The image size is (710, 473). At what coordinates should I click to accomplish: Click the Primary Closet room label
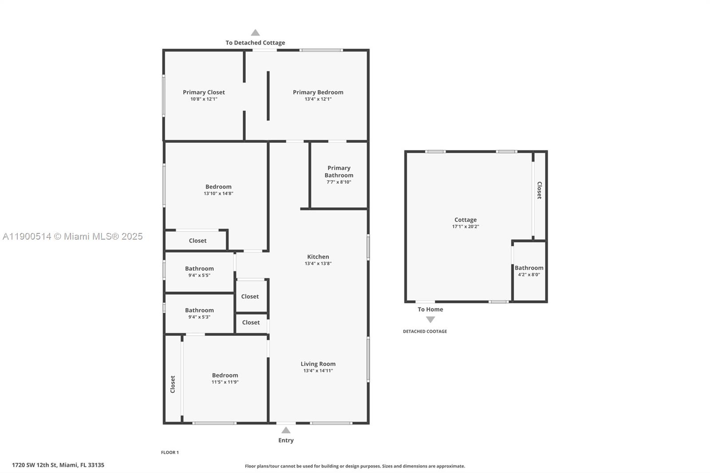coord(204,92)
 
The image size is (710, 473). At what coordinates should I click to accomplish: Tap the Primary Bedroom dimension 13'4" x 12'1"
coord(318,99)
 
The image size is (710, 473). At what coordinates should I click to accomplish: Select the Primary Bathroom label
coord(339,171)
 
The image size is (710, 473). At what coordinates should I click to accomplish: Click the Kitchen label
coord(318,256)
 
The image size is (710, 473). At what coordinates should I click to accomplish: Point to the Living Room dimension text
coord(318,371)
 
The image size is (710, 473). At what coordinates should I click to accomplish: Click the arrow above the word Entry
coord(286,430)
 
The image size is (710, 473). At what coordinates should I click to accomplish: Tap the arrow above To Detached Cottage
coord(255,32)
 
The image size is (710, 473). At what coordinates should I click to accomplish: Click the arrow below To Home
coord(430,319)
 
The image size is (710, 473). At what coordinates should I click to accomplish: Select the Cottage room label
coord(465,220)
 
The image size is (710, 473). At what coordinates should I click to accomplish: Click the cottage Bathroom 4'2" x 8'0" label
coord(529,268)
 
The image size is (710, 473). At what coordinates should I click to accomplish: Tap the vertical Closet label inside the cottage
coord(539,190)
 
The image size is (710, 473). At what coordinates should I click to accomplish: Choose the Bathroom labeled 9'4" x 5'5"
coord(199,268)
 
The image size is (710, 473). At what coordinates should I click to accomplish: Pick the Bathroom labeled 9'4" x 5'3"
coord(199,310)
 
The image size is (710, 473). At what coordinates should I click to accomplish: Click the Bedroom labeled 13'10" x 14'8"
coord(218,187)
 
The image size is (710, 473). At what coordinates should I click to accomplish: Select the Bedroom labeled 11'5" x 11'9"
coord(225,375)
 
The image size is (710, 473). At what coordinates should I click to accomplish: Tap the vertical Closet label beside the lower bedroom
coord(173,384)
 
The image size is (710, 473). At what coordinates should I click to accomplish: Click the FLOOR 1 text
coord(170,453)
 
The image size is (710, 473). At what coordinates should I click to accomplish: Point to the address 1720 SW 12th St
coord(58,465)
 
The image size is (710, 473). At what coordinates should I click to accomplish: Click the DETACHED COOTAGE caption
coord(425,331)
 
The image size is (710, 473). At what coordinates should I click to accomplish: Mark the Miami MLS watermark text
coord(72,236)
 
